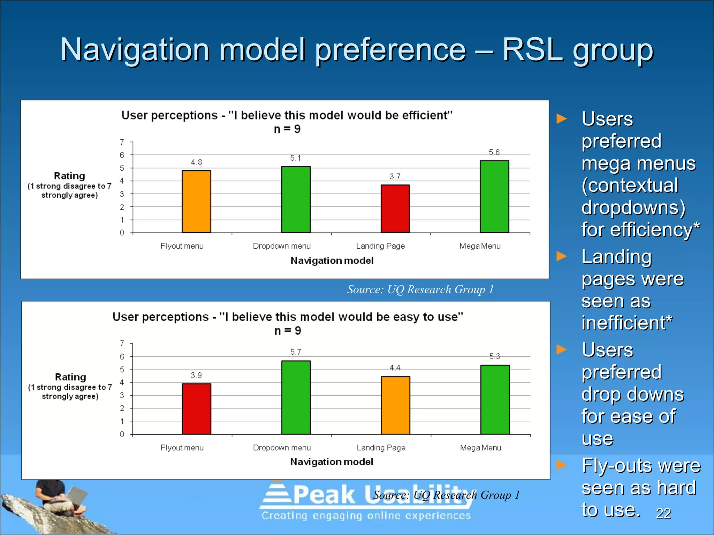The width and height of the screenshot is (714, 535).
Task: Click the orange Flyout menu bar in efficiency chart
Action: (196, 201)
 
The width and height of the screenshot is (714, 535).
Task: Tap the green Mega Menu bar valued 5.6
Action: (494, 196)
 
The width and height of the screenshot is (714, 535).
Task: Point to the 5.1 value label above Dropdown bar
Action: (295, 158)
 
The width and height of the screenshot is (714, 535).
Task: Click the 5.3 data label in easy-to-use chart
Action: (494, 356)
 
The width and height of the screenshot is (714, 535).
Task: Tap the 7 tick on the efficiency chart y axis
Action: (122, 142)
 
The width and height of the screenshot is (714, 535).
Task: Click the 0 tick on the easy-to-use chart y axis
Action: (122, 434)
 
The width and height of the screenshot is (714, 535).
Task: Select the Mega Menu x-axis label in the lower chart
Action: (480, 448)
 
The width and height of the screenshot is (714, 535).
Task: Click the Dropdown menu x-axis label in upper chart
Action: (282, 246)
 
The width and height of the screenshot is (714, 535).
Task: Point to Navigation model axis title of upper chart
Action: (332, 261)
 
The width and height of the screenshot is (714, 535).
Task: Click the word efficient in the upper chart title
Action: (425, 115)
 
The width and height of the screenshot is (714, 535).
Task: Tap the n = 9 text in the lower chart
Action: (288, 331)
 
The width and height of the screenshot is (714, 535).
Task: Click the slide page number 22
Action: (663, 513)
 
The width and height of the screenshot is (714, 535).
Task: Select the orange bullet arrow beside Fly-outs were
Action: (562, 465)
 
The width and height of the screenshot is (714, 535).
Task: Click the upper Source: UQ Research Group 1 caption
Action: (420, 289)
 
